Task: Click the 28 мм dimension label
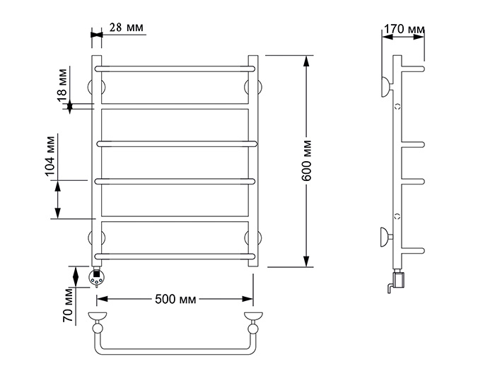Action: point(127,28)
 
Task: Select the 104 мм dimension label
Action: point(50,156)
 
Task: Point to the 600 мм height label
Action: point(306,161)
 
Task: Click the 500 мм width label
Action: point(175,299)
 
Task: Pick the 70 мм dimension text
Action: point(68,305)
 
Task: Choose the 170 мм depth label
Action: point(404,29)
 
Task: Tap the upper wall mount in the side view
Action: point(387,87)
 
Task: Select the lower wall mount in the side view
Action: point(386,237)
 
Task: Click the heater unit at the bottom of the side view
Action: point(397,280)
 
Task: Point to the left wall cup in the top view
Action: point(98,316)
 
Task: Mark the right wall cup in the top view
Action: point(253,316)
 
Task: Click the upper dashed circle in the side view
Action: point(397,107)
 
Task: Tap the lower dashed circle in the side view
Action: point(397,216)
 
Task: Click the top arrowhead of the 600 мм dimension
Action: point(306,61)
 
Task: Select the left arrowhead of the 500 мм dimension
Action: point(103,299)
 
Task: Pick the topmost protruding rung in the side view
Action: point(413,69)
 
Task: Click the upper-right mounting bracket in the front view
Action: point(253,87)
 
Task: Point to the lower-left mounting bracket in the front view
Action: point(97,238)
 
